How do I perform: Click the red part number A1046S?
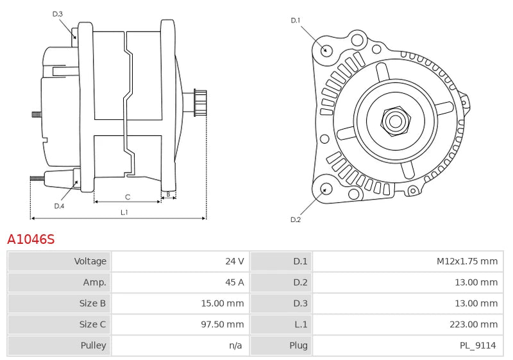pos(31,239)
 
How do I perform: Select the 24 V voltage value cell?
pos(234,261)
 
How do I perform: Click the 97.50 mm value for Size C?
pos(222,324)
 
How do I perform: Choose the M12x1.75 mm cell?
pos(467,261)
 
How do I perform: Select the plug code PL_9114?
pos(478,345)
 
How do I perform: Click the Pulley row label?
pos(93,345)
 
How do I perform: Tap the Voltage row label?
pos(90,261)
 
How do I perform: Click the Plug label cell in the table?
pos(299,345)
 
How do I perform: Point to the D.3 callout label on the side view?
pos(58,13)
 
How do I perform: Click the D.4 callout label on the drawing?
pos(59,206)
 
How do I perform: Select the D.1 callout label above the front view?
pos(296,21)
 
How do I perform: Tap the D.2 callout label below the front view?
pos(296,219)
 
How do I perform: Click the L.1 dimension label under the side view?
pos(124,212)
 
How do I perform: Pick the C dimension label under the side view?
pos(128,196)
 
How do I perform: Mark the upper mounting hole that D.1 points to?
pos(326,50)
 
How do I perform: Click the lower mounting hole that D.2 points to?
pos(325,189)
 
